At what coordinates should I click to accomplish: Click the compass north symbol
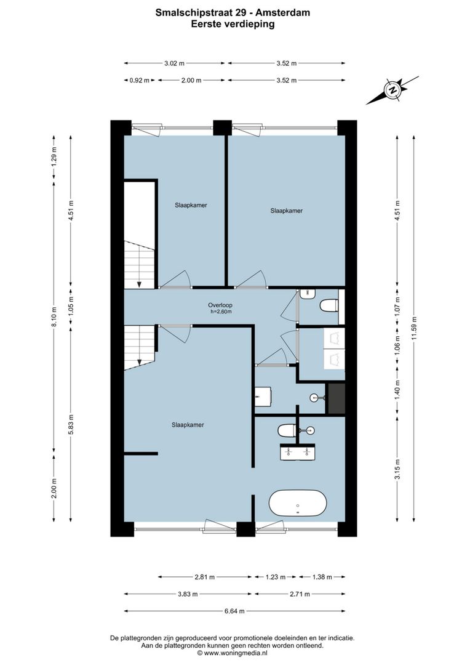pyautogui.click(x=392, y=90)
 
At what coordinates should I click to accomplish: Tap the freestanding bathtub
pyautogui.click(x=298, y=504)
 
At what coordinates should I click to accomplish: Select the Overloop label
pyautogui.click(x=220, y=305)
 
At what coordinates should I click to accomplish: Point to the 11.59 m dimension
pyautogui.click(x=415, y=326)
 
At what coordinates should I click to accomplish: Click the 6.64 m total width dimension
pyautogui.click(x=234, y=611)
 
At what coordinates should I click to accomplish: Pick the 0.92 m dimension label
pyautogui.click(x=139, y=80)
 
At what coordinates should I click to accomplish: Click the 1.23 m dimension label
pyautogui.click(x=276, y=577)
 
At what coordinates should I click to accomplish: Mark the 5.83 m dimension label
pyautogui.click(x=71, y=424)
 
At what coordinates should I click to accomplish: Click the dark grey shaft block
pyautogui.click(x=335, y=398)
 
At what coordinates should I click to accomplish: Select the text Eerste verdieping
pyautogui.click(x=233, y=25)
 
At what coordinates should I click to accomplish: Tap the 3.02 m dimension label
pyautogui.click(x=175, y=63)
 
